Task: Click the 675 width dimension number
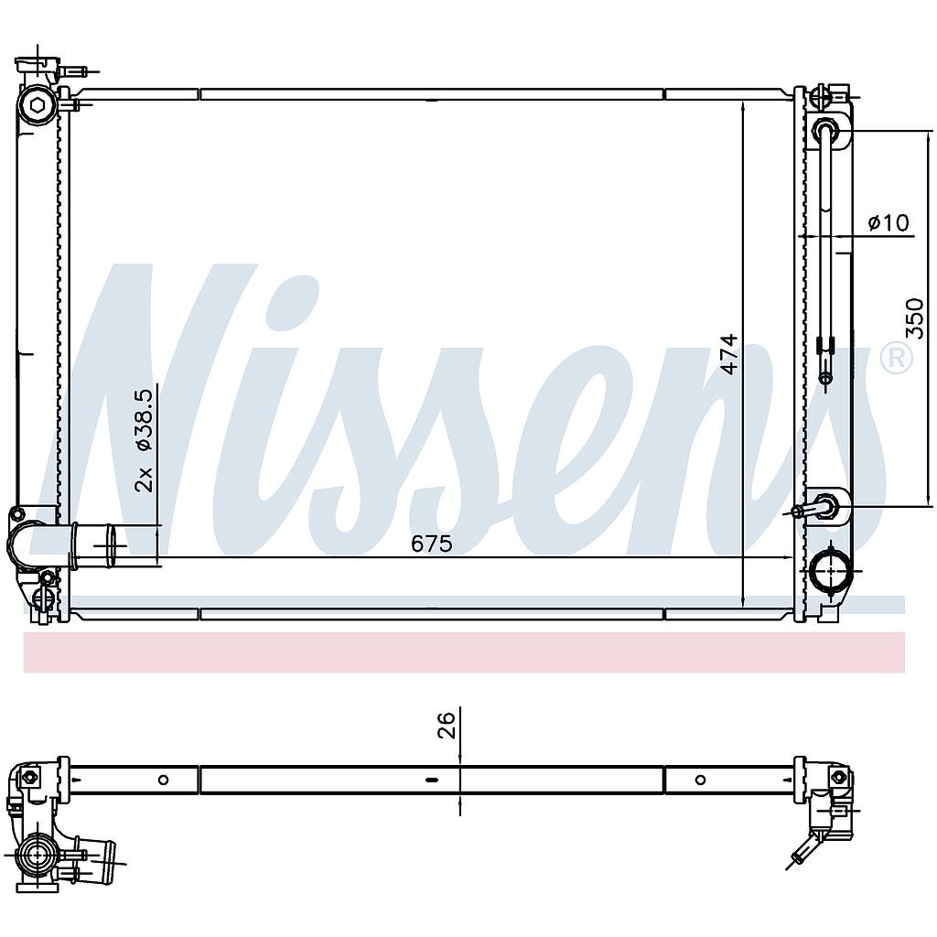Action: (432, 544)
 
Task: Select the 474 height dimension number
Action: (729, 354)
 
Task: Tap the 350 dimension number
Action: (914, 318)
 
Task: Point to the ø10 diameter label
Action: (889, 223)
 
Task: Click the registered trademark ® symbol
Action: (897, 359)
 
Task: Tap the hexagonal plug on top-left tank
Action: (37, 106)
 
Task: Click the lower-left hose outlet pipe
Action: (99, 545)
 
